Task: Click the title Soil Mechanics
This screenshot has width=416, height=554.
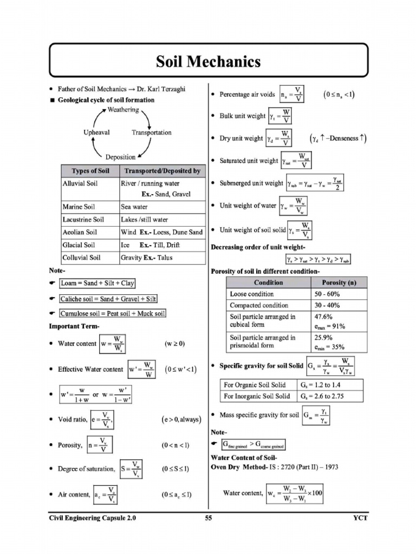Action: [208, 61]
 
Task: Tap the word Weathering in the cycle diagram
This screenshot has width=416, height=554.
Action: [123, 109]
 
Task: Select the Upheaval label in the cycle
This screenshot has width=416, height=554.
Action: [97, 133]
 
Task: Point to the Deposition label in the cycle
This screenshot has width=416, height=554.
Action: [120, 157]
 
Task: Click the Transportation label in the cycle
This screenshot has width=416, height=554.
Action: [152, 133]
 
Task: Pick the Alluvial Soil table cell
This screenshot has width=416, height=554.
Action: [80, 183]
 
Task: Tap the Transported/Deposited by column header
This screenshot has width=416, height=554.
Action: [161, 171]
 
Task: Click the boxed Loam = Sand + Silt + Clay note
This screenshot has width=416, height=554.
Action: [97, 283]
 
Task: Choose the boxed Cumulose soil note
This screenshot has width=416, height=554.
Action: [113, 313]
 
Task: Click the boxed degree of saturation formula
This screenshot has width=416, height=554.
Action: [132, 469]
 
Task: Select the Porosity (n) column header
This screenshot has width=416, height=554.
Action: [339, 282]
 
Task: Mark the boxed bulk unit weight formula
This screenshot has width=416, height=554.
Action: [280, 116]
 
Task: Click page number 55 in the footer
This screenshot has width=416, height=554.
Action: [208, 518]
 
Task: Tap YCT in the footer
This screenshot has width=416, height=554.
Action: [359, 518]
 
